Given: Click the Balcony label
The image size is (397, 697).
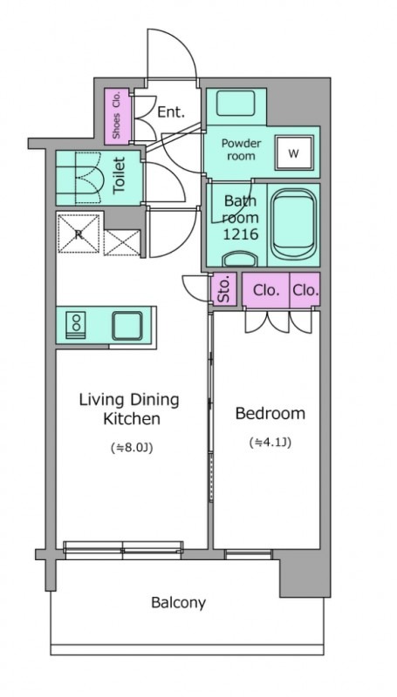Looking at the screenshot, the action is [179, 603].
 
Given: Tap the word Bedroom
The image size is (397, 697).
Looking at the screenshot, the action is [270, 413].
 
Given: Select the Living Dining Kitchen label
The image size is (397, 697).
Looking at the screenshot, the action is [129, 409].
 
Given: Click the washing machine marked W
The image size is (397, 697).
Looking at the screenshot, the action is [293, 153].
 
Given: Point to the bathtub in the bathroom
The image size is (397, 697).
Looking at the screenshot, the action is [293, 225].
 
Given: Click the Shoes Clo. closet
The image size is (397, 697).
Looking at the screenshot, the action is [117, 116].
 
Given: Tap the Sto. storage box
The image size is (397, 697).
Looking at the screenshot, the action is [224, 289].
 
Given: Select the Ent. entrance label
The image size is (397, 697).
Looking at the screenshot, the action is [171, 112].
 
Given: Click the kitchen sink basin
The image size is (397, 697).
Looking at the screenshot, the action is [127, 326].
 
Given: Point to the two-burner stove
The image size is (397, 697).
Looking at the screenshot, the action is [76, 325].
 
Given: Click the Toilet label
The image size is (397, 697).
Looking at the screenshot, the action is [119, 175].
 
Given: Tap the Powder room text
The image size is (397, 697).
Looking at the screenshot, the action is [241, 150].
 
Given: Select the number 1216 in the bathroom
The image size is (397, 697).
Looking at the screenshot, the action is [240, 233].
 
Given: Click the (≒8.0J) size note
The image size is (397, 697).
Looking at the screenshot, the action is [131, 448].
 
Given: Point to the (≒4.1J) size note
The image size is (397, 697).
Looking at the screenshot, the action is [270, 443].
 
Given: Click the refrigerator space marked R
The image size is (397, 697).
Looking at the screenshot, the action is [79, 233].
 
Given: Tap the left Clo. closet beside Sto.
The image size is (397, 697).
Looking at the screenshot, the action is [266, 290].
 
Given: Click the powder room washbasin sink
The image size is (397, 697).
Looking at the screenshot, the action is [236, 103].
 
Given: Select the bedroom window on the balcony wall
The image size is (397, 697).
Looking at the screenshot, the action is [248, 554].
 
